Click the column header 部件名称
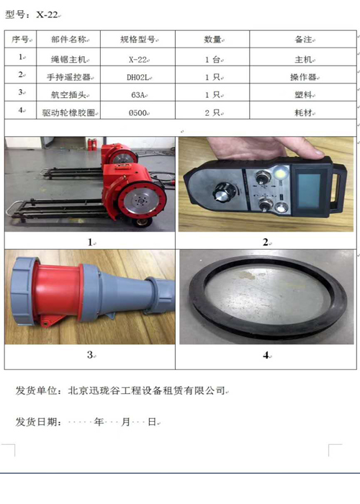pos(69,40)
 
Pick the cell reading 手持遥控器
pos(71,76)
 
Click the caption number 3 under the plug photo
pos(89,354)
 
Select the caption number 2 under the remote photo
pos(265,242)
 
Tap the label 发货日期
pos(39,423)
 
